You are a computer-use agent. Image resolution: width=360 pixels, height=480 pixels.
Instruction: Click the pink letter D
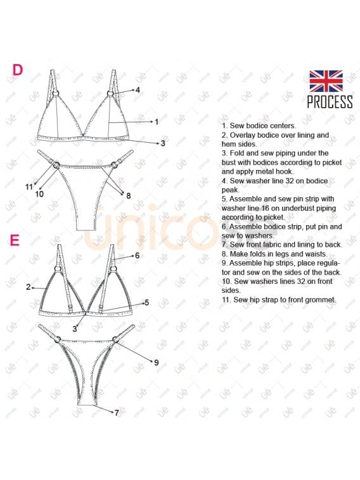click(18, 70)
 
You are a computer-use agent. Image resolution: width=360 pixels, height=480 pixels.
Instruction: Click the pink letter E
click(15, 240)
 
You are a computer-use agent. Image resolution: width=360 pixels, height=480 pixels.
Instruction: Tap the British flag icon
click(326, 81)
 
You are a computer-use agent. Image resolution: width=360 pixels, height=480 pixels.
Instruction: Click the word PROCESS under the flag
click(330, 102)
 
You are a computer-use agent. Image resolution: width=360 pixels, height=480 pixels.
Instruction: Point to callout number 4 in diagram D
click(138, 90)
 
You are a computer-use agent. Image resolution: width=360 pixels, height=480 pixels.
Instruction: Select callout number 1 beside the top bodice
click(157, 122)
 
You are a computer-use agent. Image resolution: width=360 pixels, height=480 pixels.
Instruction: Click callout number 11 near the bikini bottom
click(29, 186)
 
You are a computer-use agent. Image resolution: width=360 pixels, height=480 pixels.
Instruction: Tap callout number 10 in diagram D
click(39, 194)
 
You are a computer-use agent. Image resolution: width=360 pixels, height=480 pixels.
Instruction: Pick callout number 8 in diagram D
click(129, 195)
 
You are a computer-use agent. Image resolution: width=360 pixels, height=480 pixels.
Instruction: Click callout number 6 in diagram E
click(138, 256)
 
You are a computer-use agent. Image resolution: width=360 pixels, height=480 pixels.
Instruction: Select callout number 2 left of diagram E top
click(29, 287)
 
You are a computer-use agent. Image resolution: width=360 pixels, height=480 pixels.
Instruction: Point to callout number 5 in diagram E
click(147, 302)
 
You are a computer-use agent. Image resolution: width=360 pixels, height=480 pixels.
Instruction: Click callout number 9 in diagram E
click(157, 363)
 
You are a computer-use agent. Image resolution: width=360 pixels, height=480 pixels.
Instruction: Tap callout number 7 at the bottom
click(117, 413)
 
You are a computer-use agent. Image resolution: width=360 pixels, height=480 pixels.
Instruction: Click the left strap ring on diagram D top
click(56, 93)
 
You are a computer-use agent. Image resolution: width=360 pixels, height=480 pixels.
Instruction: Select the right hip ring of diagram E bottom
click(115, 339)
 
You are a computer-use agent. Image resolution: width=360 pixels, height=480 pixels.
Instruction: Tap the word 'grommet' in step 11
click(323, 300)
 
